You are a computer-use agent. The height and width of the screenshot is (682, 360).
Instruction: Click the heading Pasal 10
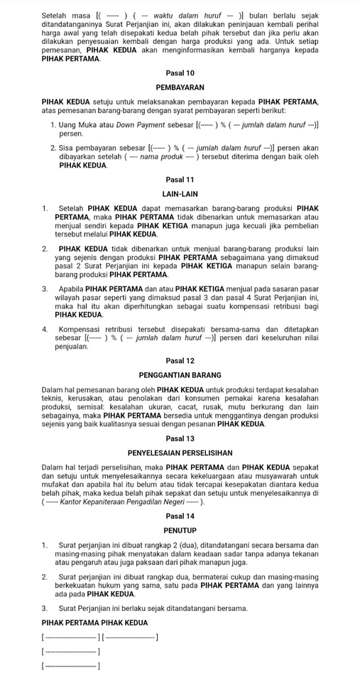180,73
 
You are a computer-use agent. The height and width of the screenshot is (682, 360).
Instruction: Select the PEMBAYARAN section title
180,88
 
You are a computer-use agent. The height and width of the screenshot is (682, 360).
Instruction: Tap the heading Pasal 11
180,180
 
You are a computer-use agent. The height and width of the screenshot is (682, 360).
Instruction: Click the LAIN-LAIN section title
180,194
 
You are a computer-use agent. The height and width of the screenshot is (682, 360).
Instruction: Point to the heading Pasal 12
180,361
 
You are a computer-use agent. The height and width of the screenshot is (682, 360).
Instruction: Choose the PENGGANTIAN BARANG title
180,374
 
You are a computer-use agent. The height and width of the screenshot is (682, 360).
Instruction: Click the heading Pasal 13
180,439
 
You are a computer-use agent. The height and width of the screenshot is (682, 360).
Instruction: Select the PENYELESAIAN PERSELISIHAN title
180,453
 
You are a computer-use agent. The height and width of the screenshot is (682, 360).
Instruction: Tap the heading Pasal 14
180,516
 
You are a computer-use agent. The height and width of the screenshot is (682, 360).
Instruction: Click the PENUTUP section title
180,531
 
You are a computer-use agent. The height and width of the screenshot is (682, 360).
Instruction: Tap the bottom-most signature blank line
70,666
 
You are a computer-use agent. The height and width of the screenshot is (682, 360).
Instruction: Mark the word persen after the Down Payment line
71,134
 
